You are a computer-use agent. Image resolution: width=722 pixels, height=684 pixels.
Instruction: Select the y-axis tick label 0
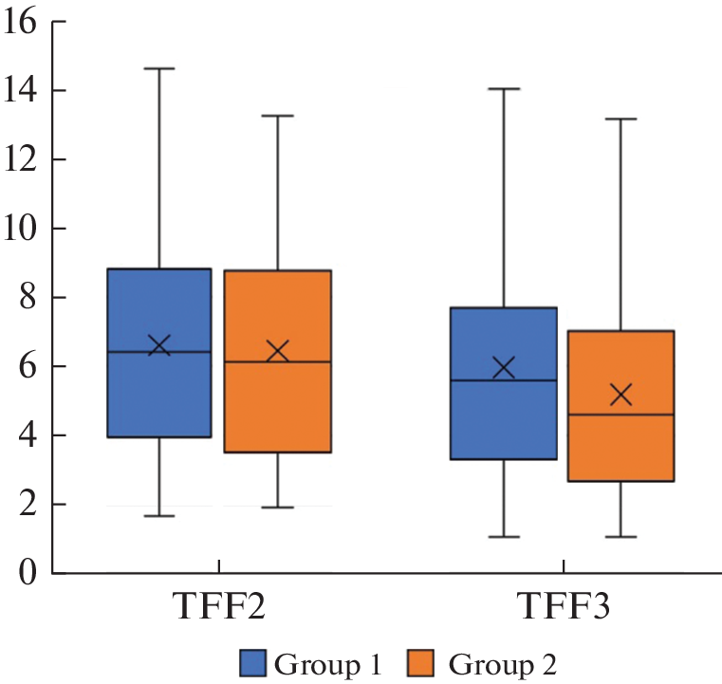[x=28, y=573]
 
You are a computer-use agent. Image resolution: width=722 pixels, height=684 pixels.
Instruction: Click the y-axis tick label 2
[x=28, y=504]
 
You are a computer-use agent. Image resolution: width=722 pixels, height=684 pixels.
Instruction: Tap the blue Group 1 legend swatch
[x=253, y=660]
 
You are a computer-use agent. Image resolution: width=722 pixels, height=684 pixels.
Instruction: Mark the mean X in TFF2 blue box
[x=159, y=345]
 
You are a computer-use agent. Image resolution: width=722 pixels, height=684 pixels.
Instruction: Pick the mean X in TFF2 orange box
[x=277, y=352]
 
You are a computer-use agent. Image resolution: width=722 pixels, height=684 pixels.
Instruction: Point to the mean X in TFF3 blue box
[x=504, y=367]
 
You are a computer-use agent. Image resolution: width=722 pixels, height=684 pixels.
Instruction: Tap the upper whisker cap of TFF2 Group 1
[x=159, y=68]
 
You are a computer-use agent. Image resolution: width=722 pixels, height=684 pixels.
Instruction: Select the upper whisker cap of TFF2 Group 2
[x=277, y=116]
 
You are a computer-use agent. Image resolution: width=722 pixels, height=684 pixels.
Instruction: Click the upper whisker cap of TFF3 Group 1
[x=504, y=88]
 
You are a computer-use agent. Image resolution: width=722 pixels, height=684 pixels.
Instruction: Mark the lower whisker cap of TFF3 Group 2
[x=620, y=537]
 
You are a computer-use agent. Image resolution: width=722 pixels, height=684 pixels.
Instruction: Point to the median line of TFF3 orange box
[x=620, y=415]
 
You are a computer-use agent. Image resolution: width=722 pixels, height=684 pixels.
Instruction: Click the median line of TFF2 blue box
[x=159, y=352]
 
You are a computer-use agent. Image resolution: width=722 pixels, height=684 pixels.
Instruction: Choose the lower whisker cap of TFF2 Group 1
[x=159, y=516]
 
